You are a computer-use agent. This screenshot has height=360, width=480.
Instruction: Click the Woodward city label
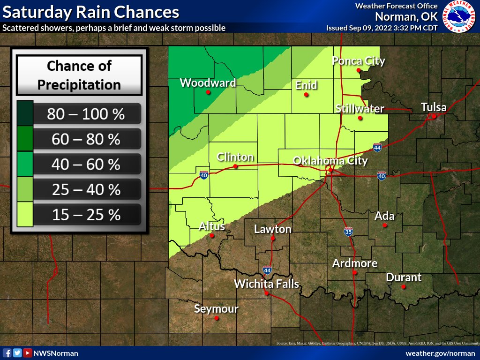click(x=208, y=83)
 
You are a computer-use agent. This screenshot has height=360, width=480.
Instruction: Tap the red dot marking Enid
click(x=306, y=95)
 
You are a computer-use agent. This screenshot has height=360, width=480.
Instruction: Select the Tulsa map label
click(x=434, y=107)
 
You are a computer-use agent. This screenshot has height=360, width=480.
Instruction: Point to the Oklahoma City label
click(x=330, y=161)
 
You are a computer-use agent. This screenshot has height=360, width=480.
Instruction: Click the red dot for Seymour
click(x=217, y=318)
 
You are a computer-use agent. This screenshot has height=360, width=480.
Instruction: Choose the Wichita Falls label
click(x=266, y=284)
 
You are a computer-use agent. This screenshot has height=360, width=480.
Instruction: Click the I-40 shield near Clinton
click(x=204, y=175)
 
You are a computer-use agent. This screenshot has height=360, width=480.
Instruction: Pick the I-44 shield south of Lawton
click(x=267, y=270)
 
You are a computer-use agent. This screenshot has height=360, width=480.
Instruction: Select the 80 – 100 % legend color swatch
click(x=25, y=113)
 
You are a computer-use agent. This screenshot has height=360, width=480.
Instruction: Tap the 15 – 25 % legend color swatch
click(x=25, y=215)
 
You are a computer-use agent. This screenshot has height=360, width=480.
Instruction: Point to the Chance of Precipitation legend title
click(x=79, y=75)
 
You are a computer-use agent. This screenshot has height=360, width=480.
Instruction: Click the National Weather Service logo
click(x=459, y=16)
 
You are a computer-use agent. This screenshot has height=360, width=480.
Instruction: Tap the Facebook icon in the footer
click(x=7, y=353)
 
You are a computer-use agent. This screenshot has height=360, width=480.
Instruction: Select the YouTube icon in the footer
click(x=28, y=353)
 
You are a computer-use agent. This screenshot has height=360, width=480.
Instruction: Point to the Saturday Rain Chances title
click(x=91, y=12)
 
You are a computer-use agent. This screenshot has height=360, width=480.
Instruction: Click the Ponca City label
click(x=359, y=60)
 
